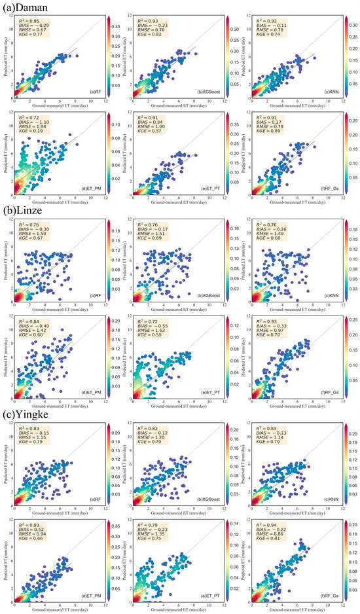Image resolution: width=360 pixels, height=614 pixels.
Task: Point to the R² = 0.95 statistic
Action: pyautogui.click(x=29, y=20)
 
